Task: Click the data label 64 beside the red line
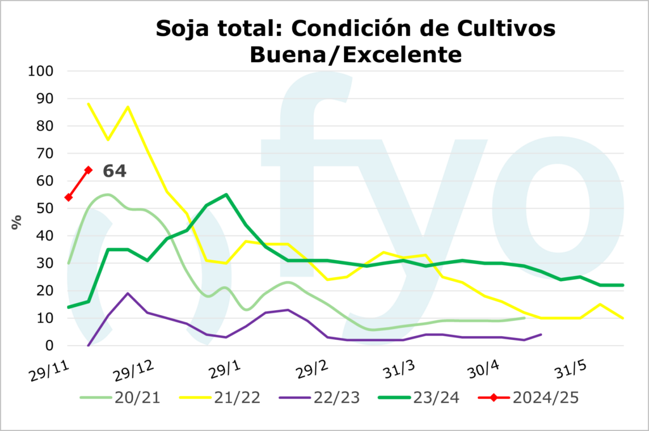pos(115,171)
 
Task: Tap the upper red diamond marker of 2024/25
pos(88,170)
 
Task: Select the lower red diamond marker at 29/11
pos(68,197)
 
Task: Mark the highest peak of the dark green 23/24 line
pos(226,195)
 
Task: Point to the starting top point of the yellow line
pos(88,104)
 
